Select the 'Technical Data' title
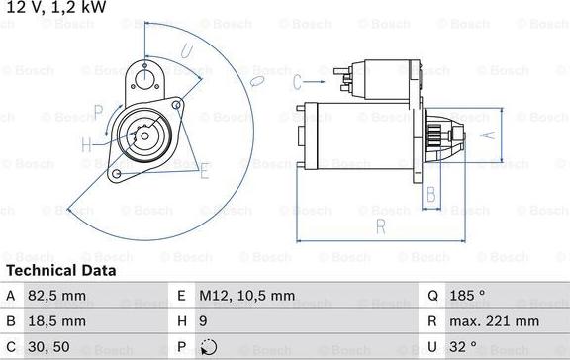pyautogui.click(x=61, y=270)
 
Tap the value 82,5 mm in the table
pyautogui.click(x=58, y=295)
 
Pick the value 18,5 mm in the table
pyautogui.click(x=58, y=320)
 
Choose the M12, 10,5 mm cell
pyautogui.click(x=248, y=295)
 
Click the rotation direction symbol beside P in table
pyautogui.click(x=208, y=347)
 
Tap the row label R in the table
pyautogui.click(x=433, y=320)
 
